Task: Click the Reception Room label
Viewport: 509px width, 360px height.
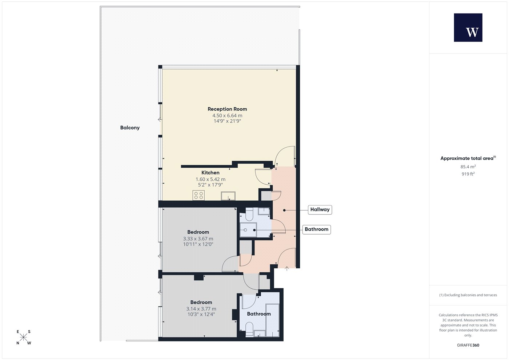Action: pyautogui.click(x=227, y=109)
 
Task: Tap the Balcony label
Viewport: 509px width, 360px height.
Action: pyautogui.click(x=130, y=128)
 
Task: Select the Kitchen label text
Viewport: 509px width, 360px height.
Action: pyautogui.click(x=211, y=173)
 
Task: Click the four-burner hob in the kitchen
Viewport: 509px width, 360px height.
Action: pyautogui.click(x=199, y=196)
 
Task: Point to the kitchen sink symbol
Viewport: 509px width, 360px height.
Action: pyautogui.click(x=228, y=196)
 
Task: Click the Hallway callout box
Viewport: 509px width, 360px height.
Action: pyautogui.click(x=320, y=209)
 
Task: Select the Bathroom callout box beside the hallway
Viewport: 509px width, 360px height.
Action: pyautogui.click(x=317, y=229)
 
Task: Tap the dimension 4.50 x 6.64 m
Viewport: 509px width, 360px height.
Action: pyautogui.click(x=227, y=116)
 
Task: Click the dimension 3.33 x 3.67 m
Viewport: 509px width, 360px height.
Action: pyautogui.click(x=198, y=239)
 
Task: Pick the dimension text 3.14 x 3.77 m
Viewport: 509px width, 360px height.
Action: pyautogui.click(x=201, y=309)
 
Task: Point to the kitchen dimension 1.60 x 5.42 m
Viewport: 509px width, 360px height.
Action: pyautogui.click(x=211, y=179)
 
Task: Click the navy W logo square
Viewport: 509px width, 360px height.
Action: pyautogui.click(x=468, y=28)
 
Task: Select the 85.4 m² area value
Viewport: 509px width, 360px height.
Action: pyautogui.click(x=468, y=167)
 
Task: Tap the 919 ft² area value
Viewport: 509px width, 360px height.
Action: pyautogui.click(x=468, y=174)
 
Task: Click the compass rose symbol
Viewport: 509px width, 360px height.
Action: pyautogui.click(x=23, y=337)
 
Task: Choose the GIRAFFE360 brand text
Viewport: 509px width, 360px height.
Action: pyautogui.click(x=468, y=345)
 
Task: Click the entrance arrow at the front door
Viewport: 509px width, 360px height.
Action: pyautogui.click(x=287, y=269)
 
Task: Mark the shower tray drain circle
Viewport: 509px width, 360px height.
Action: pyautogui.click(x=245, y=230)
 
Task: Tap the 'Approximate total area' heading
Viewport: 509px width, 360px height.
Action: pyautogui.click(x=467, y=159)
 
